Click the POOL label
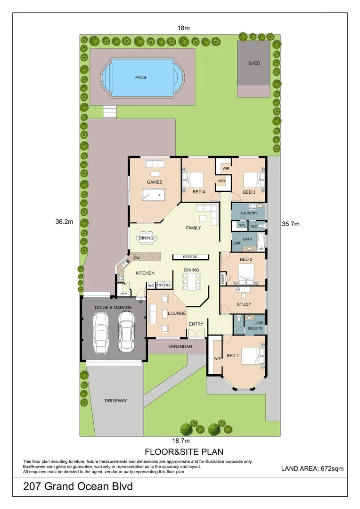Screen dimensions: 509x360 click(x=141, y=77)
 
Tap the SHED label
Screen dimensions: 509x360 click(x=254, y=63)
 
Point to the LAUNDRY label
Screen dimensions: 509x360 click(x=248, y=213)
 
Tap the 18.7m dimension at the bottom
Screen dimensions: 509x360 click(x=180, y=441)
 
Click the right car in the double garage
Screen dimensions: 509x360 click(x=126, y=332)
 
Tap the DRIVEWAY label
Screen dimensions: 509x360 click(x=116, y=401)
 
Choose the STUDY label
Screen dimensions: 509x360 click(x=244, y=304)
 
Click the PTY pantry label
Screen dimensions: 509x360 click(x=123, y=294)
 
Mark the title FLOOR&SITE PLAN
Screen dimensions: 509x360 click(x=180, y=452)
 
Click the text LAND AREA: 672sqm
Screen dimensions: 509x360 click(x=312, y=468)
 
